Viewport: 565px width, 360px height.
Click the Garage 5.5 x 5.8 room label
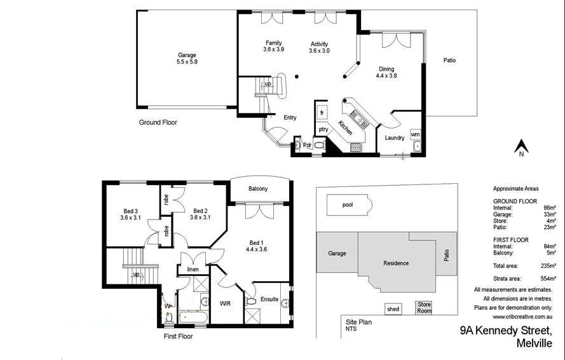tap(187, 59)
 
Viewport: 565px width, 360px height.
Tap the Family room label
tap(273, 46)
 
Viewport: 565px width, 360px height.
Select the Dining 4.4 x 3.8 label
tap(386, 73)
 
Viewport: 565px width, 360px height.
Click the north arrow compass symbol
tap(521, 148)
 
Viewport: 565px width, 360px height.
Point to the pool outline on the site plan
tap(348, 205)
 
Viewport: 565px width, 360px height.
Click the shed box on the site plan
tap(393, 309)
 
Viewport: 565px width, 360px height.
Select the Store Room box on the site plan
tap(424, 308)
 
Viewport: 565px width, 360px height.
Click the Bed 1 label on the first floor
tap(257, 247)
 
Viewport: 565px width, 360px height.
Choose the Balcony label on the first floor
tap(258, 189)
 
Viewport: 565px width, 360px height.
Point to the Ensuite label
tap(269, 300)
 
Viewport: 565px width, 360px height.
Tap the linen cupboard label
tap(193, 270)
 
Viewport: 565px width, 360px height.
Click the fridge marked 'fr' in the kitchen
tap(322, 113)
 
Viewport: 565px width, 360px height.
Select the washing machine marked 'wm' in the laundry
tap(414, 135)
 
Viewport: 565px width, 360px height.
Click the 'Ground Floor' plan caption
tap(158, 122)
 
